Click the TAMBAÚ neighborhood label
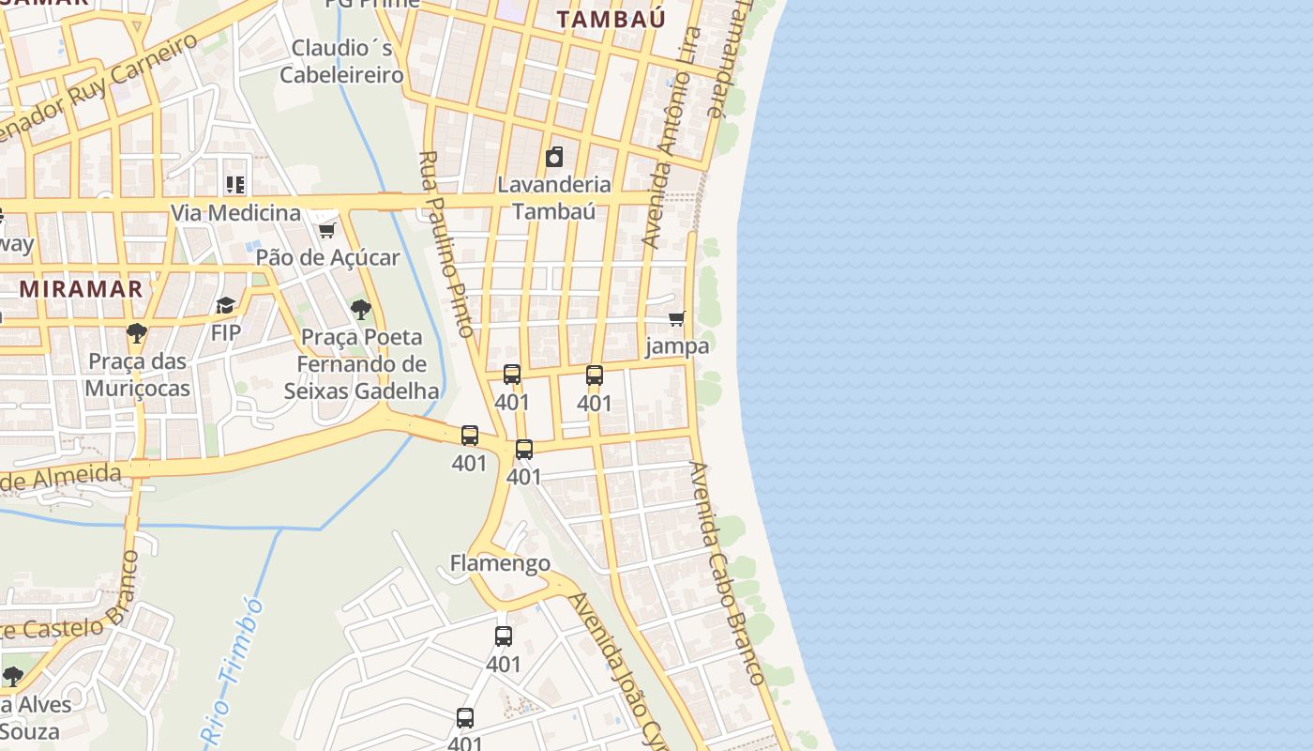click(x=611, y=19)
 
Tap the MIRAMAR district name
click(x=81, y=288)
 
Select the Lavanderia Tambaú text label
click(x=554, y=197)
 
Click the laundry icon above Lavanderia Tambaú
click(x=554, y=157)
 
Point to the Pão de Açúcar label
click(x=327, y=257)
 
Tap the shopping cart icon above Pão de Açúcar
click(x=326, y=229)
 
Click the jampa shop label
click(x=677, y=345)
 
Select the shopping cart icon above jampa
click(x=677, y=318)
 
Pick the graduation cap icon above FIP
click(x=225, y=305)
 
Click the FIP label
click(x=225, y=332)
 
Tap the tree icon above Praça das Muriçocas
click(x=137, y=332)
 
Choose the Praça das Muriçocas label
click(x=138, y=375)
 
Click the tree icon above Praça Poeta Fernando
click(x=360, y=309)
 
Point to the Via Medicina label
click(x=235, y=213)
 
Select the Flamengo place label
click(x=500, y=563)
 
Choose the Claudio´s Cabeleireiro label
click(x=341, y=61)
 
